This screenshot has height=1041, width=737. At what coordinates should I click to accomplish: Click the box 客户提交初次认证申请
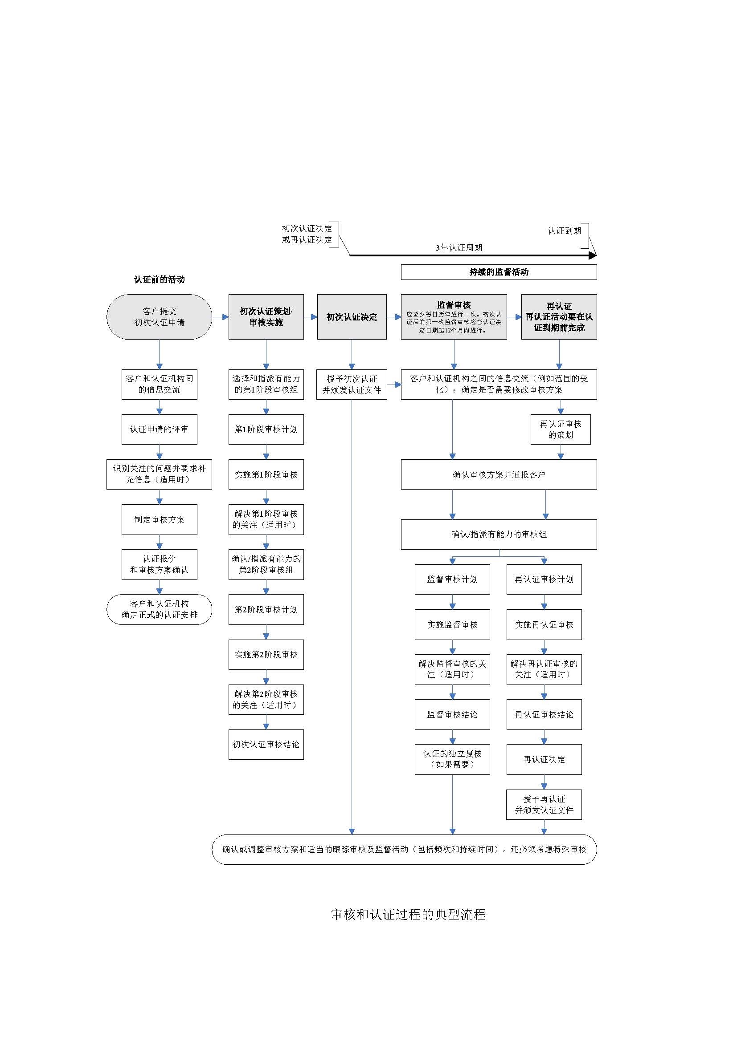(x=159, y=316)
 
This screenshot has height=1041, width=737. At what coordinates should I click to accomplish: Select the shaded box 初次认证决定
(x=352, y=316)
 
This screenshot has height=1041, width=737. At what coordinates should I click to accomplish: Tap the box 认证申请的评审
(x=159, y=429)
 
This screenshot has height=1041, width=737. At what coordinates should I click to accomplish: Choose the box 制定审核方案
(x=159, y=519)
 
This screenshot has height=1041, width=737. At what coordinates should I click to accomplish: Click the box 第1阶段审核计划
(x=266, y=429)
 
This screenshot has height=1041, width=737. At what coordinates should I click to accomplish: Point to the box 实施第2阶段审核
(x=266, y=654)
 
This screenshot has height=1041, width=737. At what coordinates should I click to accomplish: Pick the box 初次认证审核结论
(x=266, y=744)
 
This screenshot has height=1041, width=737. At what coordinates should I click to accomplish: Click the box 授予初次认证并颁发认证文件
(x=352, y=384)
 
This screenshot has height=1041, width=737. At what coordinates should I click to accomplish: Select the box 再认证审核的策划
(x=561, y=429)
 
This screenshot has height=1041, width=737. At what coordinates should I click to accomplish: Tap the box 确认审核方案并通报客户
(x=499, y=474)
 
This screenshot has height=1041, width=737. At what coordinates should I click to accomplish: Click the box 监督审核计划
(x=452, y=579)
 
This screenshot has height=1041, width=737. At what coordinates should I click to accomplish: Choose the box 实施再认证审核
(x=544, y=624)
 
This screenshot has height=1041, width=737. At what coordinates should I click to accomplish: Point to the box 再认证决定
(x=544, y=759)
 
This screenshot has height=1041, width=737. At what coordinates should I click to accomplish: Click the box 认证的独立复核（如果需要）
(x=452, y=759)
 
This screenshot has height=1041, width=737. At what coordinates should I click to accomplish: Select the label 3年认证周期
(x=459, y=247)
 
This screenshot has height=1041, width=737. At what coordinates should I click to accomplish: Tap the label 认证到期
(x=564, y=231)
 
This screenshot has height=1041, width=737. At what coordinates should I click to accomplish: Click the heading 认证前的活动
(x=159, y=279)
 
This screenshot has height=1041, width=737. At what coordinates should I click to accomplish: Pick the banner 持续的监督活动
(x=499, y=272)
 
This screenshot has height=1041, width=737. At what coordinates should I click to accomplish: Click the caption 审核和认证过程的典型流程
(x=408, y=915)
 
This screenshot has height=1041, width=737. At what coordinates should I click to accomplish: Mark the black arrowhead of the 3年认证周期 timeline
(x=593, y=255)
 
